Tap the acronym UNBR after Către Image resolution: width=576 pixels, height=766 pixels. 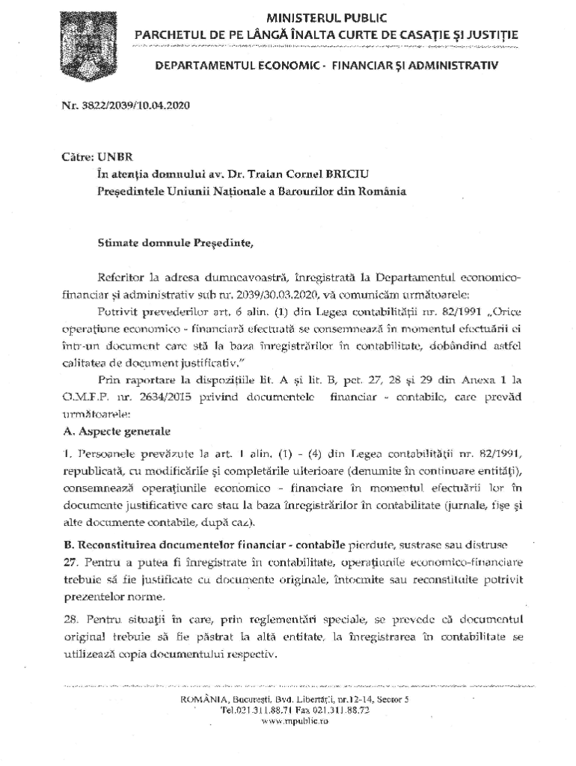click(115, 159)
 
